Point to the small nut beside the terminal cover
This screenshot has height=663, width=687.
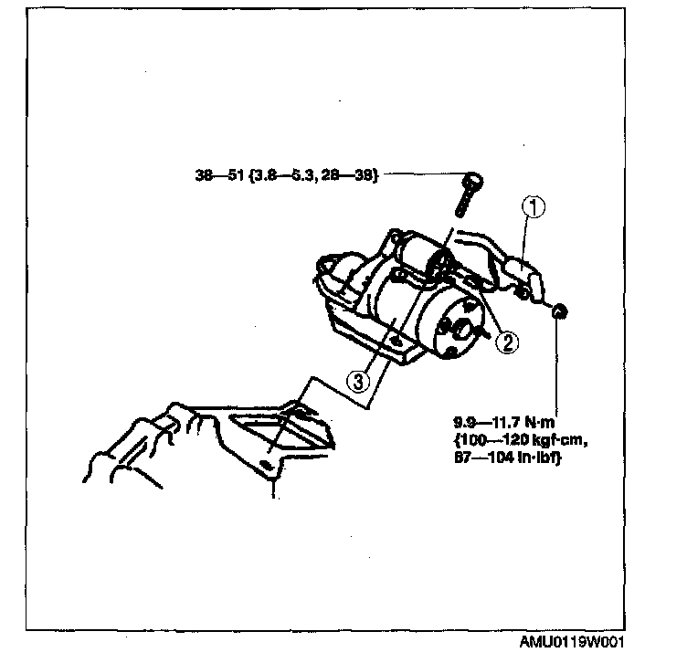(x=560, y=312)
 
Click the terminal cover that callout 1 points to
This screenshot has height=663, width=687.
(x=515, y=274)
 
